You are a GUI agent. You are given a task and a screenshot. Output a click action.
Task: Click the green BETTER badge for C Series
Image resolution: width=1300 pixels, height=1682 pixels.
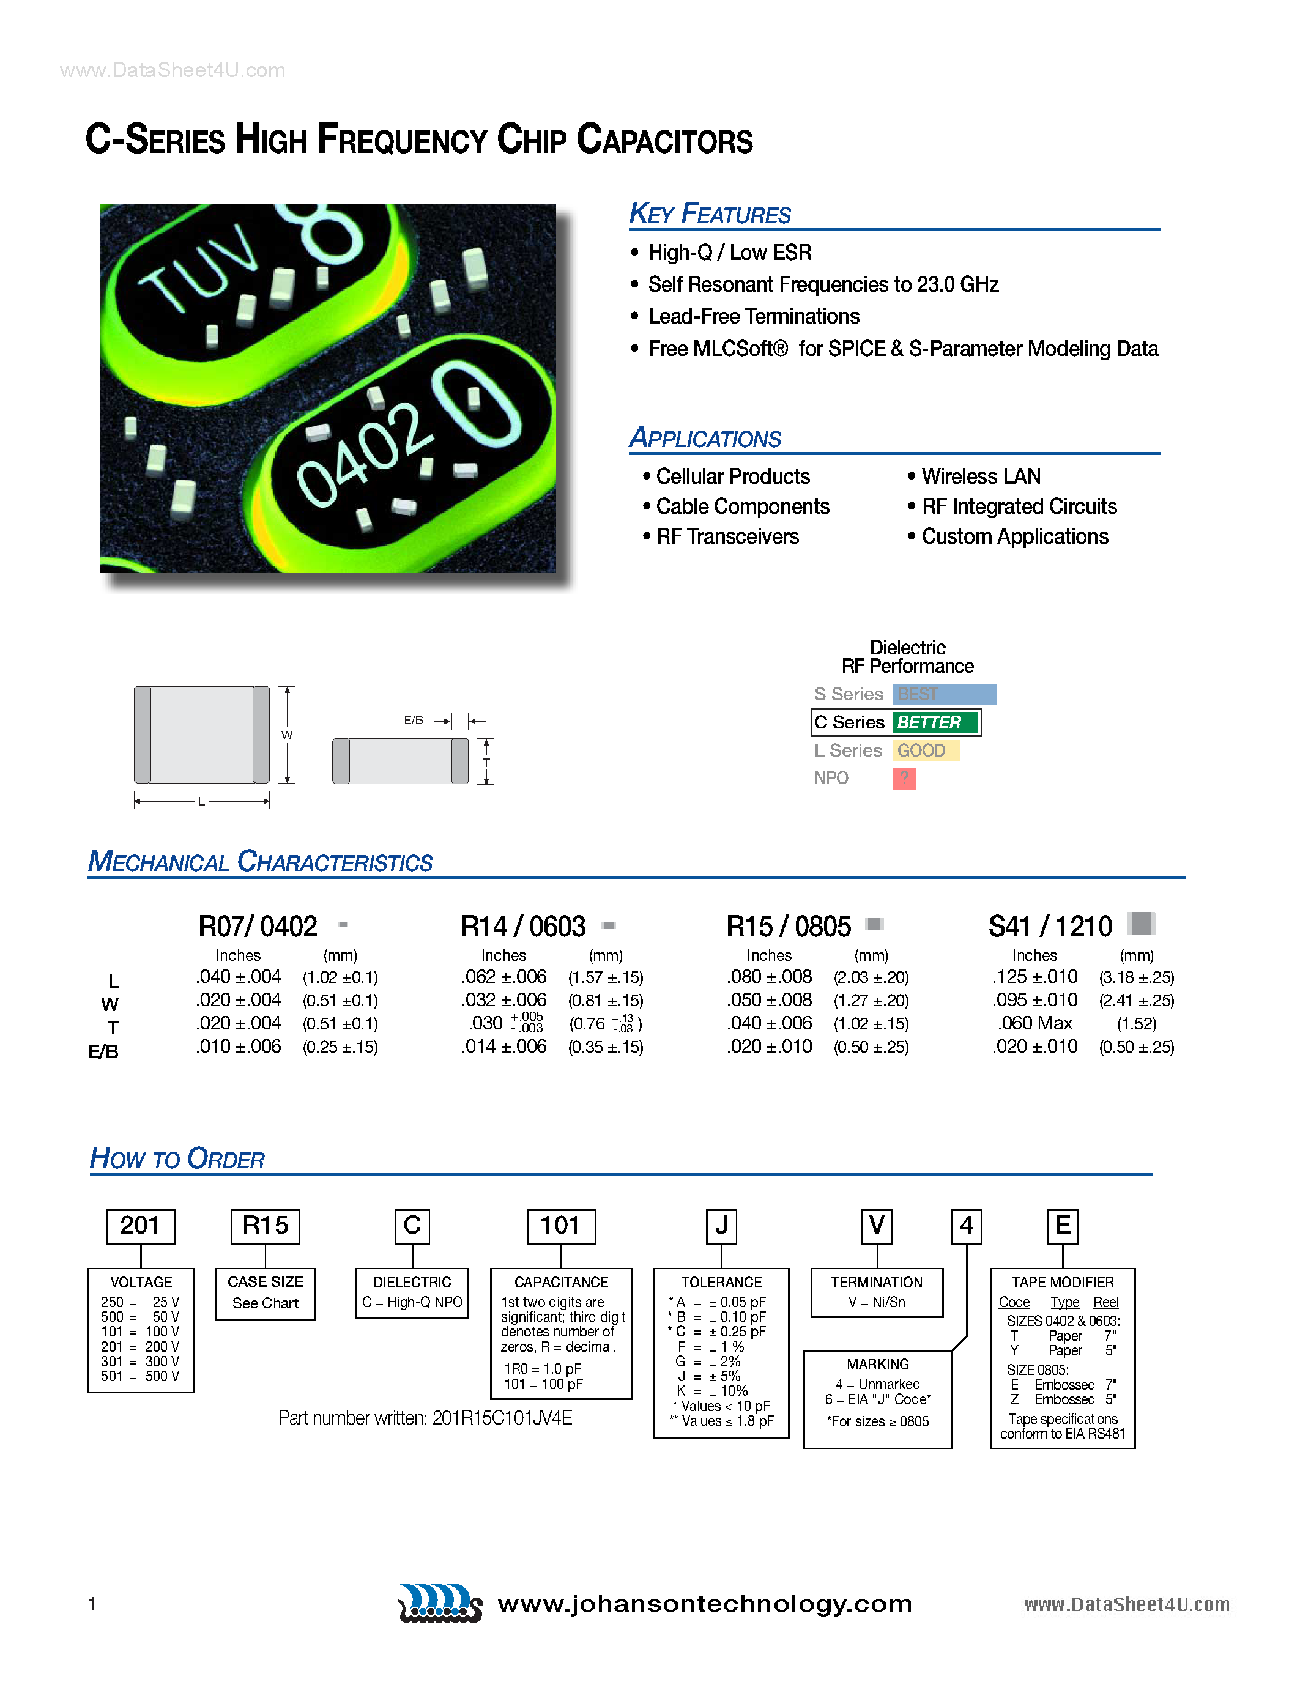tap(935, 722)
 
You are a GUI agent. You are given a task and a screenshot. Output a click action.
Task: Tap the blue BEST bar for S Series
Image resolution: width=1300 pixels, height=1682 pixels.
tap(943, 694)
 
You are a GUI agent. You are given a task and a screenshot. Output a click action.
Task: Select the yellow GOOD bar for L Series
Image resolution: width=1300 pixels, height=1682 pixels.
tap(925, 750)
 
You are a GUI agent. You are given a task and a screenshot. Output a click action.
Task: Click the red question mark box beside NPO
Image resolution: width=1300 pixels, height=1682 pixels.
tap(904, 779)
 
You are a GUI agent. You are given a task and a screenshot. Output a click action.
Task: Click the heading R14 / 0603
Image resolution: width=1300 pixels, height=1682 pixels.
tap(523, 927)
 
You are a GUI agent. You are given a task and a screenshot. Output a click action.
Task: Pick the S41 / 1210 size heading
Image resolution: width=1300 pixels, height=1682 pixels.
tap(1050, 927)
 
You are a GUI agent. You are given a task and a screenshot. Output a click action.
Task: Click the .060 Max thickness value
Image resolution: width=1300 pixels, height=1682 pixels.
tap(1035, 1023)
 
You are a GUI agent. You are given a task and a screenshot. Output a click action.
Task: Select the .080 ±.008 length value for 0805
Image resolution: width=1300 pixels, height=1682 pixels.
tap(770, 977)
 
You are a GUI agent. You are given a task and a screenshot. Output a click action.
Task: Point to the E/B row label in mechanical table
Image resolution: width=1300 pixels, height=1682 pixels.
tap(103, 1051)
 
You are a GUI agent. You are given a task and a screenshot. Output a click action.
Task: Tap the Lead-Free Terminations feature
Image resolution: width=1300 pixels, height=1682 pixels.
tap(753, 317)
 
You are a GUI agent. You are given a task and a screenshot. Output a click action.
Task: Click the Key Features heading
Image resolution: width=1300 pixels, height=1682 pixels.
tap(709, 213)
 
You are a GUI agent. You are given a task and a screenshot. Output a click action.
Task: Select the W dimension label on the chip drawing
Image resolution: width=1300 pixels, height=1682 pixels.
tap(286, 735)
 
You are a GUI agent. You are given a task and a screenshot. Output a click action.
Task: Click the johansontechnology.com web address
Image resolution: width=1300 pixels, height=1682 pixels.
tap(705, 1604)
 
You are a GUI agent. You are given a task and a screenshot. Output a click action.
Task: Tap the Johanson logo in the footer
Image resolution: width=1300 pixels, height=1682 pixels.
tap(440, 1602)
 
